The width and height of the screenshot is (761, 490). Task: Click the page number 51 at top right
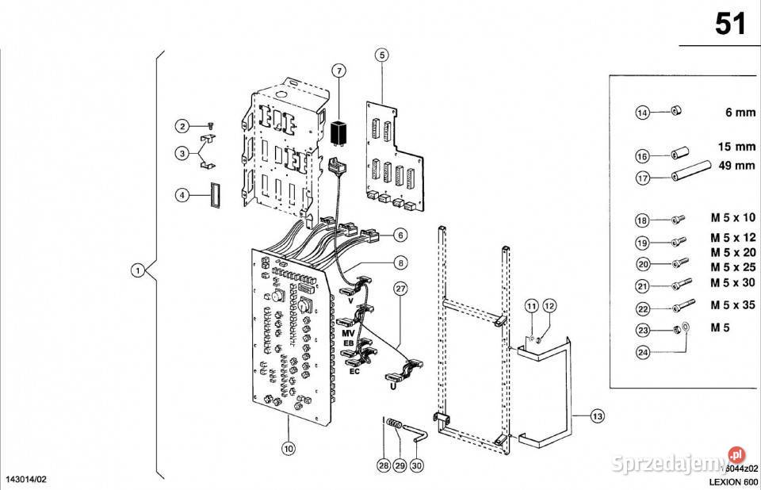tap(730, 24)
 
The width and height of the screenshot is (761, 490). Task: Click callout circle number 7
tap(338, 71)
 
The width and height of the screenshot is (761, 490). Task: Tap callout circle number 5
tap(382, 56)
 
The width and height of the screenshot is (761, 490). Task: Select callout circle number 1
tap(137, 271)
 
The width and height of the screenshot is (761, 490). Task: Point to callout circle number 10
tap(289, 449)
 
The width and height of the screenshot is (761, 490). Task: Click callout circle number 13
tap(597, 415)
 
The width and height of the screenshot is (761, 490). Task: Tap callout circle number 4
tap(182, 193)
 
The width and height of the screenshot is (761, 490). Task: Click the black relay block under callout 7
tap(339, 132)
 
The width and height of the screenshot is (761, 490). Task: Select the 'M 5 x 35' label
tap(732, 305)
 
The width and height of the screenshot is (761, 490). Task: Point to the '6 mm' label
tap(740, 113)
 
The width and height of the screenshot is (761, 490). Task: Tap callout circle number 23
tap(643, 329)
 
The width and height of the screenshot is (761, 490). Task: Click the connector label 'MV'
tap(346, 334)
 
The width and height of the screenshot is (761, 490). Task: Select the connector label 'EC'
tap(354, 370)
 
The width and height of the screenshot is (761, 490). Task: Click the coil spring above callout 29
tap(394, 432)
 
